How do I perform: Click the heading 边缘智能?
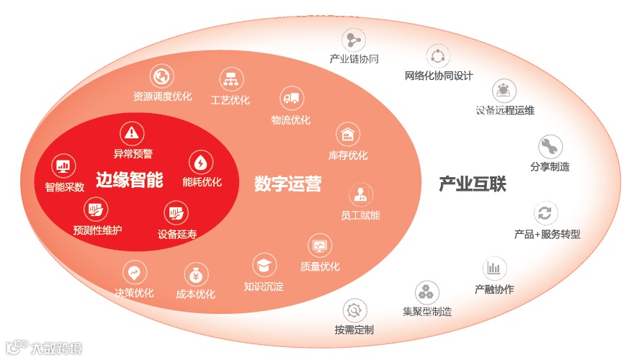[130, 179]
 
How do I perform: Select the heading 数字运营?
[287, 184]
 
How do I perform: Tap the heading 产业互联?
[473, 184]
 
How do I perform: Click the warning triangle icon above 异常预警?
[132, 132]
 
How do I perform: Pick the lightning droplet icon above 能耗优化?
[200, 162]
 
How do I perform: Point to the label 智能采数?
[64, 187]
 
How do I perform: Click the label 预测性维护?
[97, 230]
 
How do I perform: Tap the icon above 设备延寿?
[176, 213]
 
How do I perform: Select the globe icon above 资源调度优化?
[162, 76]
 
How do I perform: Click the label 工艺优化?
[230, 100]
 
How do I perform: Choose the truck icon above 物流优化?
[290, 99]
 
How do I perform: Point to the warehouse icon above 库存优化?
[349, 134]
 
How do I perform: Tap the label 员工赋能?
[360, 215]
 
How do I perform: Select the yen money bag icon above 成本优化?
[196, 274]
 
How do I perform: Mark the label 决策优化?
[134, 293]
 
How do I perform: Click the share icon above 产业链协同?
[354, 39]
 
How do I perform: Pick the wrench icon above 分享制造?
[550, 146]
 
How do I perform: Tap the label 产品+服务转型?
[547, 234]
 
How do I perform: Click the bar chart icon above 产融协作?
[493, 269]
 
